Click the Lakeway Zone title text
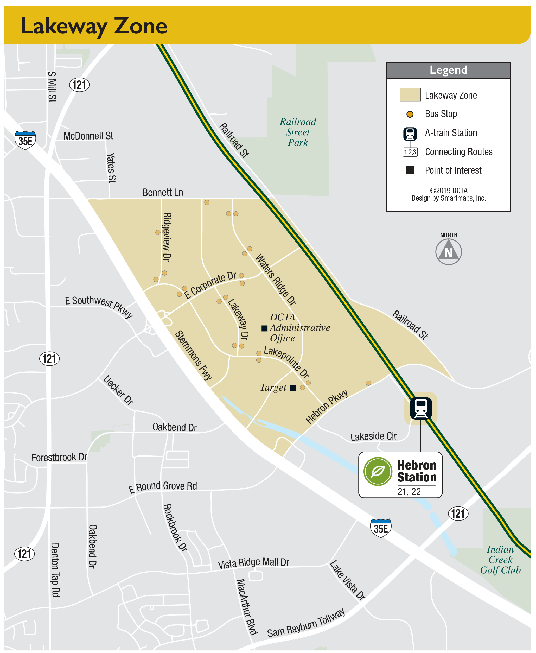[94, 26]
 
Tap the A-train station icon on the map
[420, 408]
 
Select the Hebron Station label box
[400, 475]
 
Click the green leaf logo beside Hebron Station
[378, 471]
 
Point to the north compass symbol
[448, 252]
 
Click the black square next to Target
[293, 388]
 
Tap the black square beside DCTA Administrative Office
[264, 328]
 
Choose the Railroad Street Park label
[298, 132]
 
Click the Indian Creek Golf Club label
[500, 560]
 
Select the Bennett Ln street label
[163, 192]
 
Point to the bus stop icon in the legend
[410, 114]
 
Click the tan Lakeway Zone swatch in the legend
[410, 95]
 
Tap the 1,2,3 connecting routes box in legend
[410, 152]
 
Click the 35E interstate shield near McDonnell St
[25, 140]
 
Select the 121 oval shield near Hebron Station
[458, 514]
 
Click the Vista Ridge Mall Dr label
[253, 563]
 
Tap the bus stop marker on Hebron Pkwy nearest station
[368, 383]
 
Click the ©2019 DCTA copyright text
[448, 191]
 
